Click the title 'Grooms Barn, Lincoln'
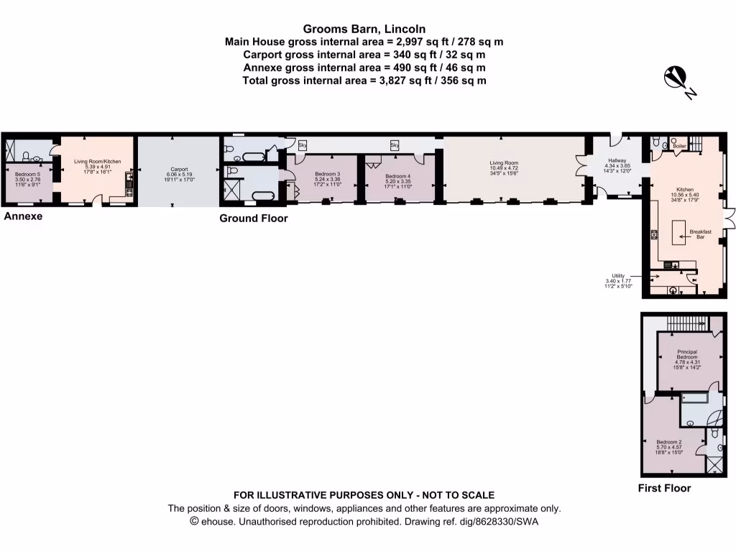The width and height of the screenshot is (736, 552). [364, 29]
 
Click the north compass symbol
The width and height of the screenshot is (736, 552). [678, 77]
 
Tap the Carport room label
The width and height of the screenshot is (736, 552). [179, 169]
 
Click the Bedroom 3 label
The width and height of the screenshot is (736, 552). [328, 175]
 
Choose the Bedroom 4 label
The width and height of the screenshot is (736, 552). [397, 176]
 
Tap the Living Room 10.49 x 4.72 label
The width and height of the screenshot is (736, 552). [504, 163]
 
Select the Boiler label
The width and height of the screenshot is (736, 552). [680, 146]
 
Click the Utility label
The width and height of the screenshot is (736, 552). [617, 275]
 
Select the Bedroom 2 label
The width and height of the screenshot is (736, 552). [669, 442]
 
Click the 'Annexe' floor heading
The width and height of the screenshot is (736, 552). [23, 216]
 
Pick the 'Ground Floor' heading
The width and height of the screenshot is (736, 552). [253, 218]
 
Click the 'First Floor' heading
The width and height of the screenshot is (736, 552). [664, 488]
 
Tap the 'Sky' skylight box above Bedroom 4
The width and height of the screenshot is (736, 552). [394, 145]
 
